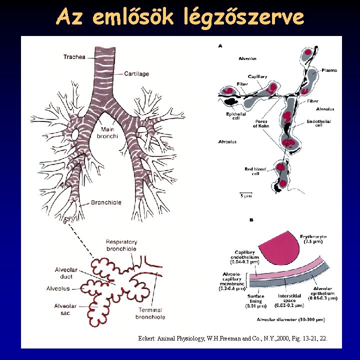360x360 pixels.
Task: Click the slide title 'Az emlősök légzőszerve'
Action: tap(180, 17)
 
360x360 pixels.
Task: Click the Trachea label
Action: tap(74, 57)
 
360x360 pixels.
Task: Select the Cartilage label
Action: tap(136, 74)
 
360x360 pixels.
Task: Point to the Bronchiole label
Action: tap(106, 202)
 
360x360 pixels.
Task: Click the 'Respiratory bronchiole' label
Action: tap(121, 245)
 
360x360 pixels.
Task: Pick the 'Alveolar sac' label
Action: tap(65, 309)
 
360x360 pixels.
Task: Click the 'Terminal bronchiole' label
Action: tap(150, 313)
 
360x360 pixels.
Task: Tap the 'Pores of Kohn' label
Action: tap(260, 123)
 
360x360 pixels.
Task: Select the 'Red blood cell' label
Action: tap(255, 171)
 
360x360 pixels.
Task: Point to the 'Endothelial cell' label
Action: tap(318, 123)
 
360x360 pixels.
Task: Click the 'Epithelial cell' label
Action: tap(235, 116)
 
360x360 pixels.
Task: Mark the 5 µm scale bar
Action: tap(245, 193)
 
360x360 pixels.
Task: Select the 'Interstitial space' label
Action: tap(289, 300)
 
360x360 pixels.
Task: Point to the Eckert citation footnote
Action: tap(232, 338)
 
